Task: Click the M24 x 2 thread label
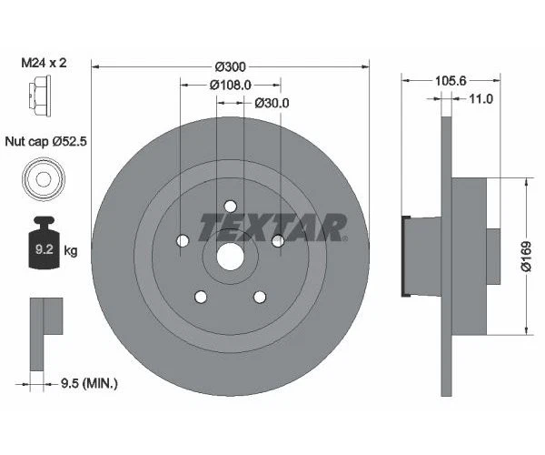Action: (44, 65)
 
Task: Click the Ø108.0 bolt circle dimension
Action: (231, 85)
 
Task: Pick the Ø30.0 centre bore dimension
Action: (270, 102)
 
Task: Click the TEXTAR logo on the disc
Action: (272, 227)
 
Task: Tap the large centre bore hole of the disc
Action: (231, 255)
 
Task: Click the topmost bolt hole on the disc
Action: (231, 206)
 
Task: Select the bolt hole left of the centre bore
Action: (183, 241)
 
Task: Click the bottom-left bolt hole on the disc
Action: (201, 297)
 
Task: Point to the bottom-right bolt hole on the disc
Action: (261, 297)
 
